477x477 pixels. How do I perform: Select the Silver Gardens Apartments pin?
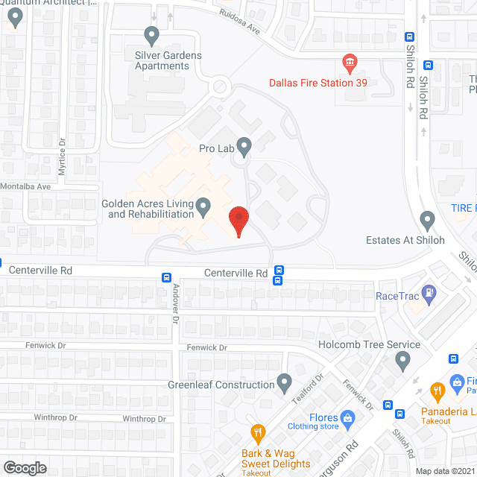pyautogui.click(x=152, y=34)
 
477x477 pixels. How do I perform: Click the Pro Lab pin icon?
pyautogui.click(x=244, y=145)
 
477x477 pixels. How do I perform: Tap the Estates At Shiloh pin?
pyautogui.click(x=427, y=220)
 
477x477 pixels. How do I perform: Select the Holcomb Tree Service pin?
pyautogui.click(x=403, y=362)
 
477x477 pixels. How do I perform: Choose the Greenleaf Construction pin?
pyautogui.click(x=284, y=383)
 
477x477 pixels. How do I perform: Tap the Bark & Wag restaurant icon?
pyautogui.click(x=257, y=432)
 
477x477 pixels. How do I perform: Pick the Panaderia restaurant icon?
pyautogui.click(x=437, y=388)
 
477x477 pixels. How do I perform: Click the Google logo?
pyautogui.click(x=24, y=468)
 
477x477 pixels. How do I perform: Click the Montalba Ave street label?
pyautogui.click(x=25, y=186)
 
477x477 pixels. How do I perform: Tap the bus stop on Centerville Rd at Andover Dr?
pyautogui.click(x=166, y=277)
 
